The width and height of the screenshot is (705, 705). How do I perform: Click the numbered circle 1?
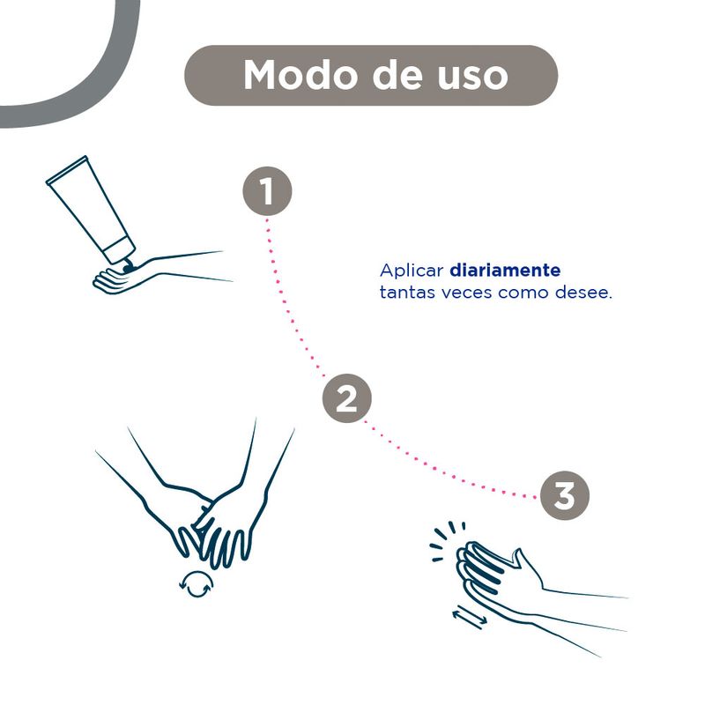point(267,191)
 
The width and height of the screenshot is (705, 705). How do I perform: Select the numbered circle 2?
point(346,398)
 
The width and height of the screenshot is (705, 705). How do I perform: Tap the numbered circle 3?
point(564,496)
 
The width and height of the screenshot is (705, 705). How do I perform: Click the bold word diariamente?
point(505,271)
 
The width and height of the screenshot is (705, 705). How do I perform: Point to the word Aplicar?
point(412,271)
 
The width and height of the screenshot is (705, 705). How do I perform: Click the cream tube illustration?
point(91,212)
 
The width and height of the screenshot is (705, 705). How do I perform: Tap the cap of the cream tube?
point(119,249)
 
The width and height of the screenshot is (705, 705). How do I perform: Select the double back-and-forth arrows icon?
point(470,618)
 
